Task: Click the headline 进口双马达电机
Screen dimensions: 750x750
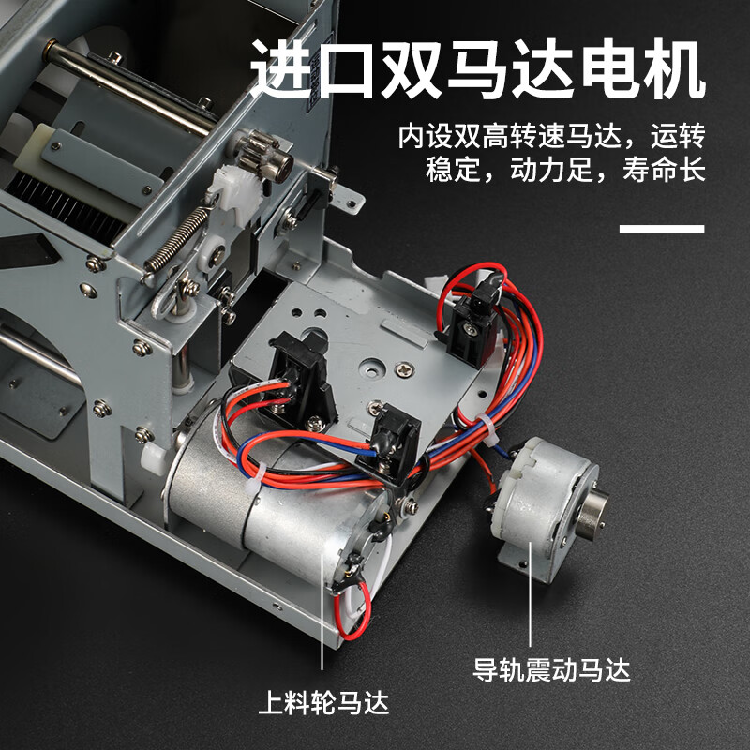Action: click(x=478, y=71)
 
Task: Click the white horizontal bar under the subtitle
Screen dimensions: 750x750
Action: click(x=662, y=228)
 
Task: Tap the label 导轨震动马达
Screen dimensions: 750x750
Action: click(x=552, y=669)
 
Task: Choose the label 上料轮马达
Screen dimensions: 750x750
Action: click(x=323, y=701)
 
